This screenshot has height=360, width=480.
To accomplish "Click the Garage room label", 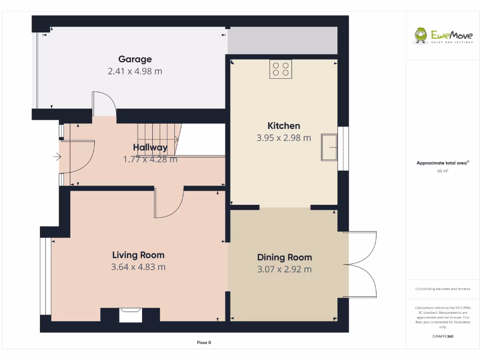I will tap(135, 59).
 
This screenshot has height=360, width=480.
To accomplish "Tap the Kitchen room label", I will tap(284, 126).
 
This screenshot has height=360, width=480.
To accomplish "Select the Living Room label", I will tap(138, 255).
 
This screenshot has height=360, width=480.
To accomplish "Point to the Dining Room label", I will tap(285, 257).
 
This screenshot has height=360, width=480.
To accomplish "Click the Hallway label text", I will tap(150, 148).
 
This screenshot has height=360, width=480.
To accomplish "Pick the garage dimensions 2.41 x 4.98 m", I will tap(135, 71).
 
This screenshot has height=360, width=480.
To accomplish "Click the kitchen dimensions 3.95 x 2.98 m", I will tap(284, 138).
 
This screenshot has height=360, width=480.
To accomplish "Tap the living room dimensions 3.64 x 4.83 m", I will tap(138, 267).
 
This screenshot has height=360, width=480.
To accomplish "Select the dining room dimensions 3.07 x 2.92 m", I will tap(285, 269).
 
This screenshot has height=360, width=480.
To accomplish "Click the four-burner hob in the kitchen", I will tap(281, 69).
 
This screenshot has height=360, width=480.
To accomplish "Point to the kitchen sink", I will tap(330, 147).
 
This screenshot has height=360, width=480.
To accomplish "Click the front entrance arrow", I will tap(58, 157).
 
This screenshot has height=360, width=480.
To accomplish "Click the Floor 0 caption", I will tap(204, 343).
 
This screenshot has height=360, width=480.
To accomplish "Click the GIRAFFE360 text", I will tap(443, 336).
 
